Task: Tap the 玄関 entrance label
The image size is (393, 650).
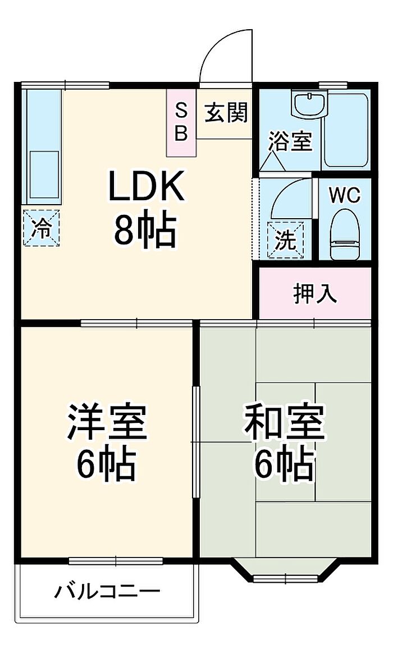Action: [226, 112]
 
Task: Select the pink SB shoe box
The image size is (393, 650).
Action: [181, 123]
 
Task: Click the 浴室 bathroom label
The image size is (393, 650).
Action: [290, 141]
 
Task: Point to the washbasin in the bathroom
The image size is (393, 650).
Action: [309, 103]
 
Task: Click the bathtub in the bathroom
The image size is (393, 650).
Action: [345, 130]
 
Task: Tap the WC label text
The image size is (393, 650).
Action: [345, 195]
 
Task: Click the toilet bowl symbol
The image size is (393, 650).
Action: [345, 234]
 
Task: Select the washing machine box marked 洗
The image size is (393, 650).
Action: [286, 241]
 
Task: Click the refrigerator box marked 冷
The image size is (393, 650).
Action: [41, 228]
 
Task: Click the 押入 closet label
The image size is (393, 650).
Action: [315, 294]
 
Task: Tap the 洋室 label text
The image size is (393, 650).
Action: [107, 422]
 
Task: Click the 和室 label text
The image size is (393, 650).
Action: [284, 421]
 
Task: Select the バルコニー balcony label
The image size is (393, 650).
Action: [107, 591]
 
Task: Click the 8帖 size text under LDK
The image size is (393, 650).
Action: [145, 231]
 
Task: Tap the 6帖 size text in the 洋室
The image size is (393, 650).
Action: [106, 464]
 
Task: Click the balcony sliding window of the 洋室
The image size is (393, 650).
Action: [116, 561]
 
